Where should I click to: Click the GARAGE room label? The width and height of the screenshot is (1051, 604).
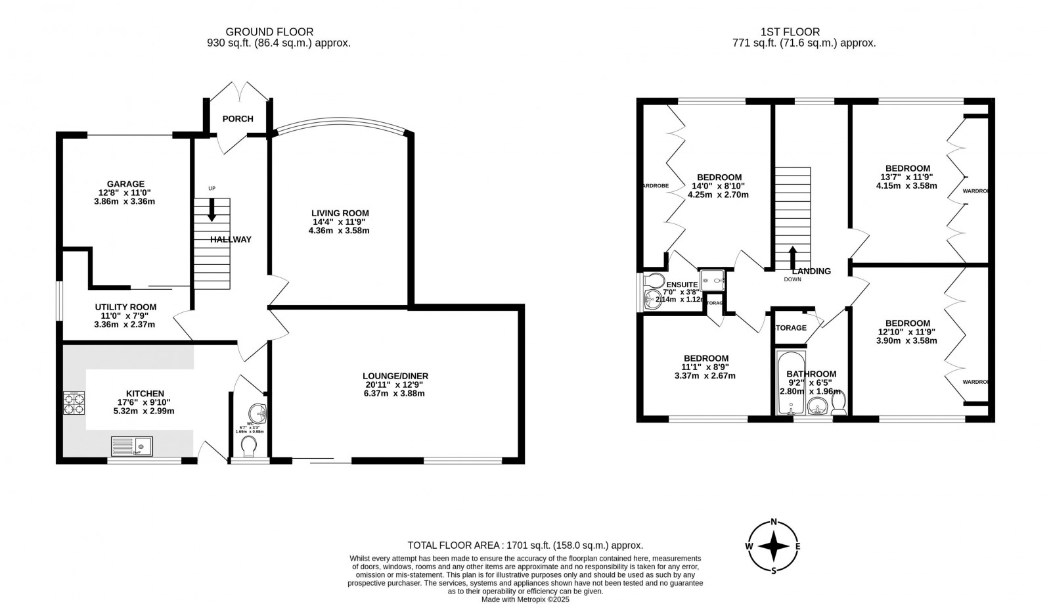click(x=126, y=184)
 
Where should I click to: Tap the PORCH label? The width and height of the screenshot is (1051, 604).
click(x=237, y=119)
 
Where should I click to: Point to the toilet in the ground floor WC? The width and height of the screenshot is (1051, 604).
click(x=249, y=448)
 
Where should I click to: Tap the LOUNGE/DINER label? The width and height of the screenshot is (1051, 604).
click(x=397, y=376)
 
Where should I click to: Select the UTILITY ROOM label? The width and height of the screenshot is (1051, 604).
click(x=125, y=307)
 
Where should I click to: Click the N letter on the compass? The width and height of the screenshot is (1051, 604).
click(x=774, y=523)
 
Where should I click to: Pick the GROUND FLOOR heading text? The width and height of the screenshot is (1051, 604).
click(x=269, y=32)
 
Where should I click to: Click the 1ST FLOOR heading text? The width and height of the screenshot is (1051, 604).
click(x=790, y=32)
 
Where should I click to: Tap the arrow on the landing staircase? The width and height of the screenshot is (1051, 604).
click(x=793, y=256)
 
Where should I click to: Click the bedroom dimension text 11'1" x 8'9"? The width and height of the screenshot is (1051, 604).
click(x=705, y=367)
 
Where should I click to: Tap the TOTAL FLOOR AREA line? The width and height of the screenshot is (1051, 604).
click(x=525, y=546)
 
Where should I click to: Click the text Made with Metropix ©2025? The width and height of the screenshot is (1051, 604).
click(x=525, y=599)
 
